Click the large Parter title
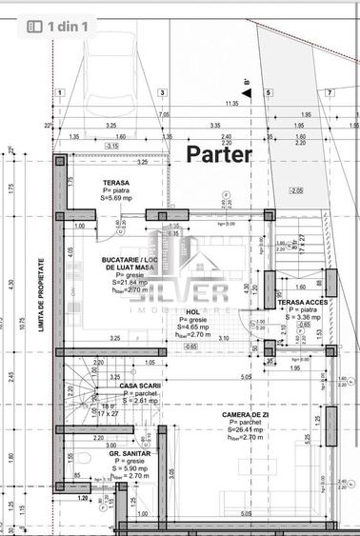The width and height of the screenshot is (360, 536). (218, 153)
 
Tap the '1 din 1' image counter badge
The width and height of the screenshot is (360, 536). (59, 27)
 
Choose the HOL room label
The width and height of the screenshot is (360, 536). (191, 311)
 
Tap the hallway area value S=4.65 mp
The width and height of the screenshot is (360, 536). (193, 328)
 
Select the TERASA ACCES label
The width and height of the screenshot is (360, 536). (304, 301)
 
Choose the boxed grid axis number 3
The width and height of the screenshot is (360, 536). (163, 92)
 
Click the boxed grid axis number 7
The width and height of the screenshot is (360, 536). (329, 92)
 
